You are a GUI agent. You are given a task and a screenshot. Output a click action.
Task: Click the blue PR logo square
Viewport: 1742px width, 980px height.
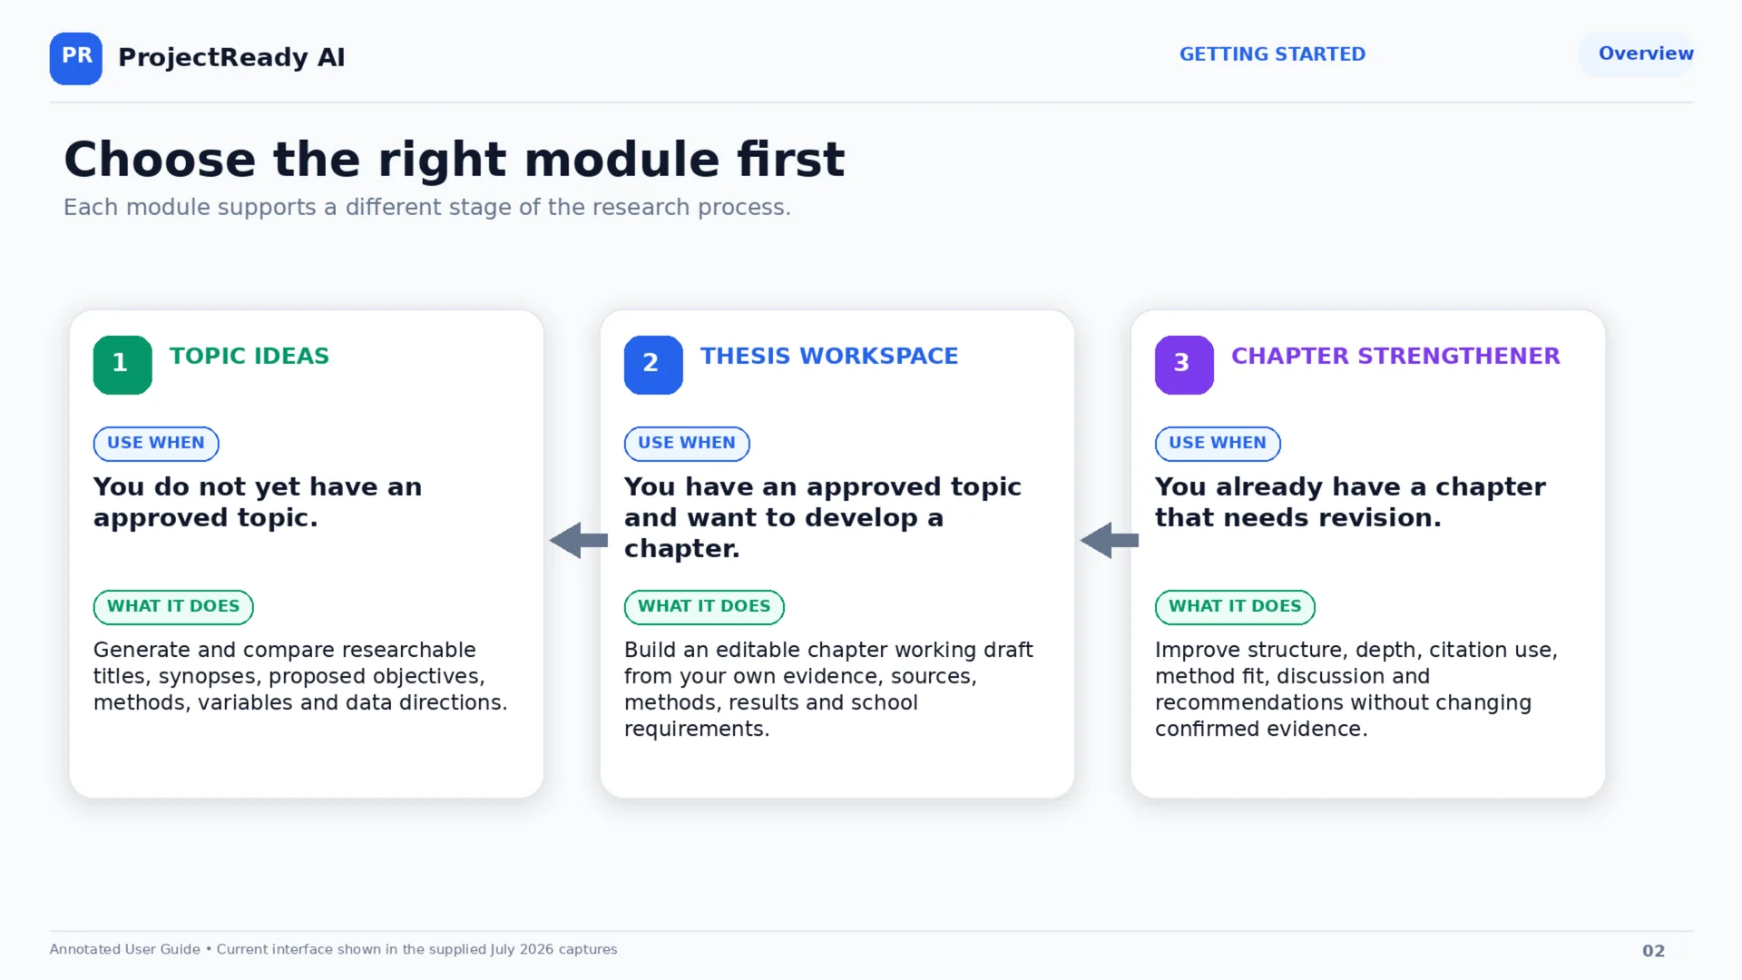(76, 59)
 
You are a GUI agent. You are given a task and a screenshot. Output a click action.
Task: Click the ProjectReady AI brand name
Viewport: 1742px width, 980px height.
(231, 57)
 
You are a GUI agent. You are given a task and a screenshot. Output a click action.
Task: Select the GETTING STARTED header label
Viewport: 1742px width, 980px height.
(1272, 54)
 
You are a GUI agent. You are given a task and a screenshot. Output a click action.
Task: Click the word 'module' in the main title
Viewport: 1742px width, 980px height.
(622, 160)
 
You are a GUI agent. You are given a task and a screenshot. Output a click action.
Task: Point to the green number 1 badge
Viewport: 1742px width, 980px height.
(122, 365)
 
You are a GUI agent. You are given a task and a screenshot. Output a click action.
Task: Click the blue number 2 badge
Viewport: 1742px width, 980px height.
(653, 365)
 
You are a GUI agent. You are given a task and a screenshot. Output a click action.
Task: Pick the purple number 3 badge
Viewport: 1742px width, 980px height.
(1184, 365)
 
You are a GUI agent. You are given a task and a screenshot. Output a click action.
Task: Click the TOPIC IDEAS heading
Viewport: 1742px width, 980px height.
(250, 356)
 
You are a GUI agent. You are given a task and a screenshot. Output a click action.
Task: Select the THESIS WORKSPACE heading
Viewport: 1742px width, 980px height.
(829, 356)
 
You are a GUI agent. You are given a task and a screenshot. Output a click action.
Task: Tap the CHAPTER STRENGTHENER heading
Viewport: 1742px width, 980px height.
(1395, 356)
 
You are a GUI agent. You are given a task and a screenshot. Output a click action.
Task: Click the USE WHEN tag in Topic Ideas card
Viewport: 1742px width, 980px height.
(156, 444)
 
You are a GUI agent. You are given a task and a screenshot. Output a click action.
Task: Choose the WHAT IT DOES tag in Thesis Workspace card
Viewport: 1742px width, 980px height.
(704, 607)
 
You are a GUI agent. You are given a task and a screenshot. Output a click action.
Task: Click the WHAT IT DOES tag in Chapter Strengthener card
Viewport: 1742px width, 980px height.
(1235, 607)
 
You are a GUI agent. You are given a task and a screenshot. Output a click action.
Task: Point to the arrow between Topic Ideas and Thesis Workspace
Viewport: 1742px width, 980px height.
(579, 541)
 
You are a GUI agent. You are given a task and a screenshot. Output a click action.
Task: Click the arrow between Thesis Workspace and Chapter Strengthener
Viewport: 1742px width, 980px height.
(1110, 541)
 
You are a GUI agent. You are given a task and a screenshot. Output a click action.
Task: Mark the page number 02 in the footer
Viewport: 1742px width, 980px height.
(1653, 951)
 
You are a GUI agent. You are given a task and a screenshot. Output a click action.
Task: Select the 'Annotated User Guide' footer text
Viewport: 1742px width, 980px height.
(125, 949)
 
